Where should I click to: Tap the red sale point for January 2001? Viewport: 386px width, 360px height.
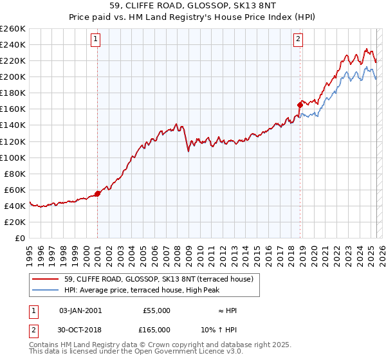tap(97, 193)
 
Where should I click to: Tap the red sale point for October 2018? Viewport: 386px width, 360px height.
tap(300, 104)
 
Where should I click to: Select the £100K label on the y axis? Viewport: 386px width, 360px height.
tap(12, 157)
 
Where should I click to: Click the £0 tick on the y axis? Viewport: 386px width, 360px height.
tap(21, 238)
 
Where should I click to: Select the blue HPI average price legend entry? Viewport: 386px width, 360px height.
tap(142, 290)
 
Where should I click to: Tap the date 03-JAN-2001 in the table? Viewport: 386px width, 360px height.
tap(80, 310)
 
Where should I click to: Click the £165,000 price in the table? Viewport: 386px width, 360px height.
tap(156, 329)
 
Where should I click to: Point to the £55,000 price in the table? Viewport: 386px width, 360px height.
tap(156, 310)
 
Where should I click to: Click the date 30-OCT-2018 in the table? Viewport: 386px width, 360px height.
tap(80, 329)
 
